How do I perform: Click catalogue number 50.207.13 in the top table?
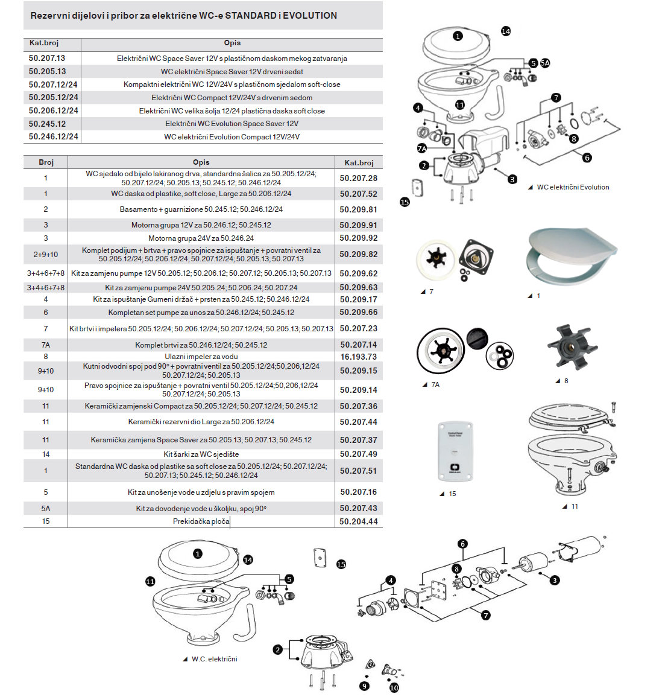(47, 58)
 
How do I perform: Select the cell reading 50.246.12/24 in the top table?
(54, 136)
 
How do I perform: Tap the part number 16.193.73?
(358, 357)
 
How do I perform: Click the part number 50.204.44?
(358, 521)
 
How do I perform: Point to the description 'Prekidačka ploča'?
(201, 521)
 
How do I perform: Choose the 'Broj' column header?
(46, 162)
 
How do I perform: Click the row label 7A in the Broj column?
(46, 345)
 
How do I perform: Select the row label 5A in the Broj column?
(46, 508)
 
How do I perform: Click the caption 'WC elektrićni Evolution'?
(573, 187)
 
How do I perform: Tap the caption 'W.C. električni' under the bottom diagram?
(214, 659)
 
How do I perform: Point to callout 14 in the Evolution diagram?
(506, 31)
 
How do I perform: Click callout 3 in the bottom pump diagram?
(555, 580)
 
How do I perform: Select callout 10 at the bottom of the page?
(394, 687)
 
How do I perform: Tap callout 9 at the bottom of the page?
(364, 686)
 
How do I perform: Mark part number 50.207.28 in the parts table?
(358, 178)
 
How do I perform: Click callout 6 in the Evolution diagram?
(587, 158)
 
